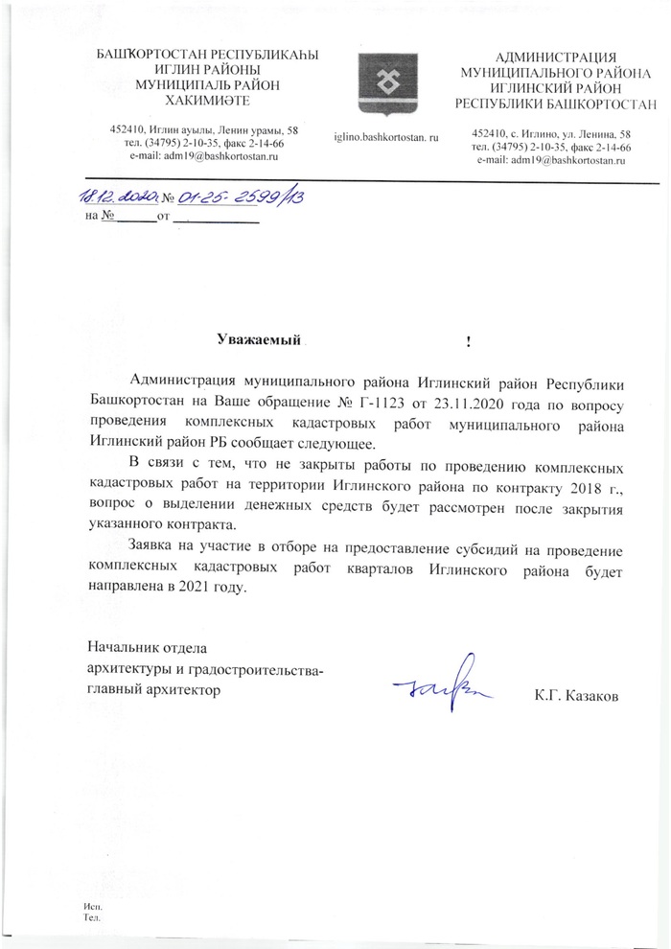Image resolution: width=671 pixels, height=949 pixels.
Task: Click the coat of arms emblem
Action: [385, 79]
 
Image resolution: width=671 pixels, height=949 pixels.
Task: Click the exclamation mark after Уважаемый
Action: [467, 341]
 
